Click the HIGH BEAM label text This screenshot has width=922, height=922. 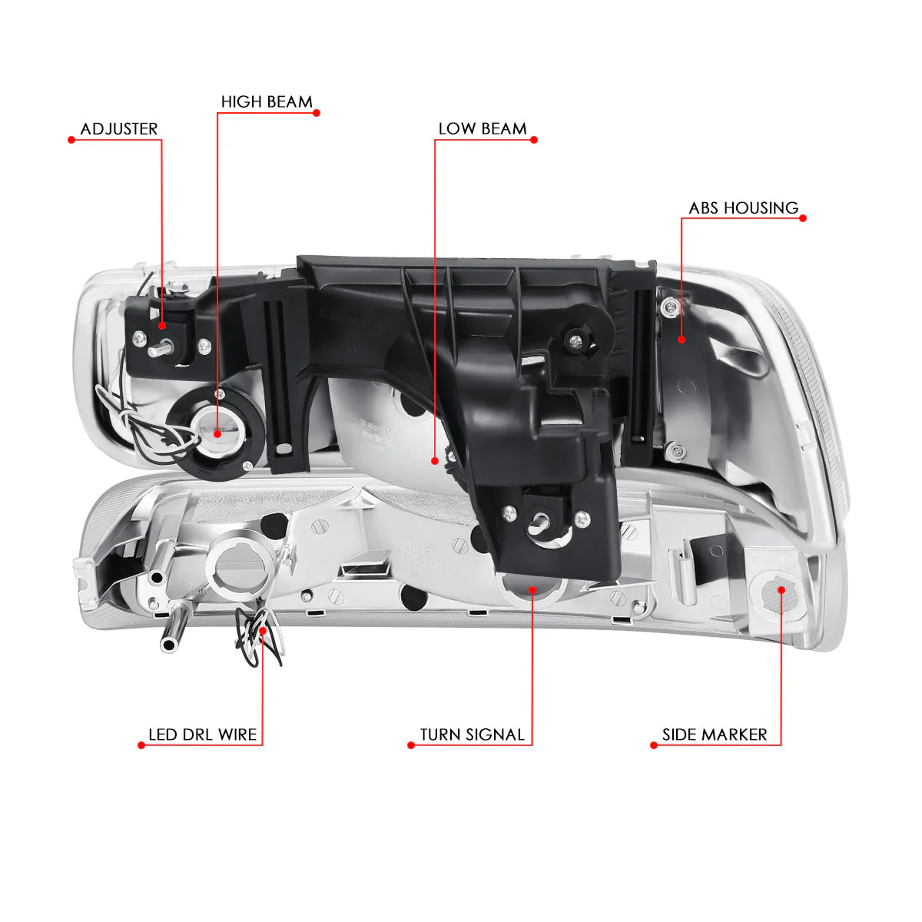point(267,101)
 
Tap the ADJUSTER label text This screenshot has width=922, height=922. point(118,129)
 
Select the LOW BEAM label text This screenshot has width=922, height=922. point(483,129)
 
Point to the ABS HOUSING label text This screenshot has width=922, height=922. point(744,207)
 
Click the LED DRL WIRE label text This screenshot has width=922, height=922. point(202,735)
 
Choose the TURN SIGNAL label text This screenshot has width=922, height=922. point(473,735)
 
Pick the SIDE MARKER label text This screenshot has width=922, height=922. point(715,735)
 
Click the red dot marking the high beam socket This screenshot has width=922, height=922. point(217,434)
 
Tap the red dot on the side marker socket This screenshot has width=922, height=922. point(781,590)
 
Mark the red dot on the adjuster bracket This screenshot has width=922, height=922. point(161,326)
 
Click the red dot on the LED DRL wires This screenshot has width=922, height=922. point(263,631)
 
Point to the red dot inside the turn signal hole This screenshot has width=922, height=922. point(532,590)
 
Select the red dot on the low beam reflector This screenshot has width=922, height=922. point(434,461)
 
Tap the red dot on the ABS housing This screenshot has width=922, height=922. point(682,340)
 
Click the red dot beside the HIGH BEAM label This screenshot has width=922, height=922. point(317,113)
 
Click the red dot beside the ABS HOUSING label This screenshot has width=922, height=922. point(803,218)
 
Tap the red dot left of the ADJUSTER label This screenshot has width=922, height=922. point(71,140)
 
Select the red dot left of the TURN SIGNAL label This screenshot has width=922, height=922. point(410,745)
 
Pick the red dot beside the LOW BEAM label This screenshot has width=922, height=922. point(534,140)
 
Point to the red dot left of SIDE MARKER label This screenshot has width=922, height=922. point(654,745)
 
